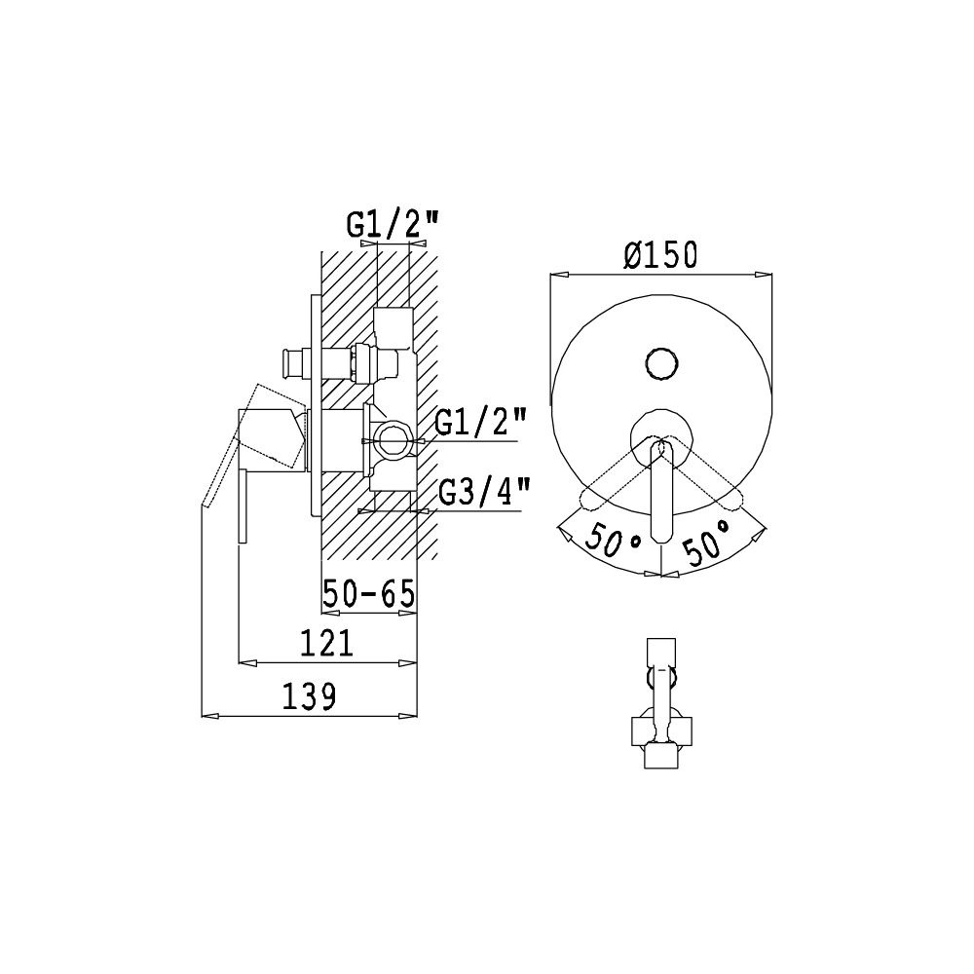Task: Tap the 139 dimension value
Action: pyautogui.click(x=309, y=696)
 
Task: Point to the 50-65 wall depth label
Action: pyautogui.click(x=368, y=594)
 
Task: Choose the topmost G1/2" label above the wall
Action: pyautogui.click(x=393, y=224)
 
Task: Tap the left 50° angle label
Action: pyautogui.click(x=613, y=538)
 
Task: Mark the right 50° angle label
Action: pyautogui.click(x=707, y=540)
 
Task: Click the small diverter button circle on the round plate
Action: pyautogui.click(x=661, y=362)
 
